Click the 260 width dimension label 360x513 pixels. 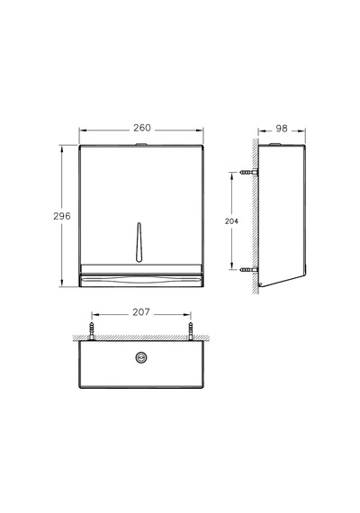[141, 128]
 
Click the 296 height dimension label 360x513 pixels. [62, 216]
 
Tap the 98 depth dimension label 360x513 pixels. [282, 129]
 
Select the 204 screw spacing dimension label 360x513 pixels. [231, 221]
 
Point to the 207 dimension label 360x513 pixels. [141, 312]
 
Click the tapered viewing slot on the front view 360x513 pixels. [139, 242]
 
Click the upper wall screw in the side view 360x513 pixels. [248, 172]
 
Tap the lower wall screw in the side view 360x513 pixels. [248, 270]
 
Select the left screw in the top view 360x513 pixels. [92, 331]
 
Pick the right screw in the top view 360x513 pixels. [191, 331]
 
